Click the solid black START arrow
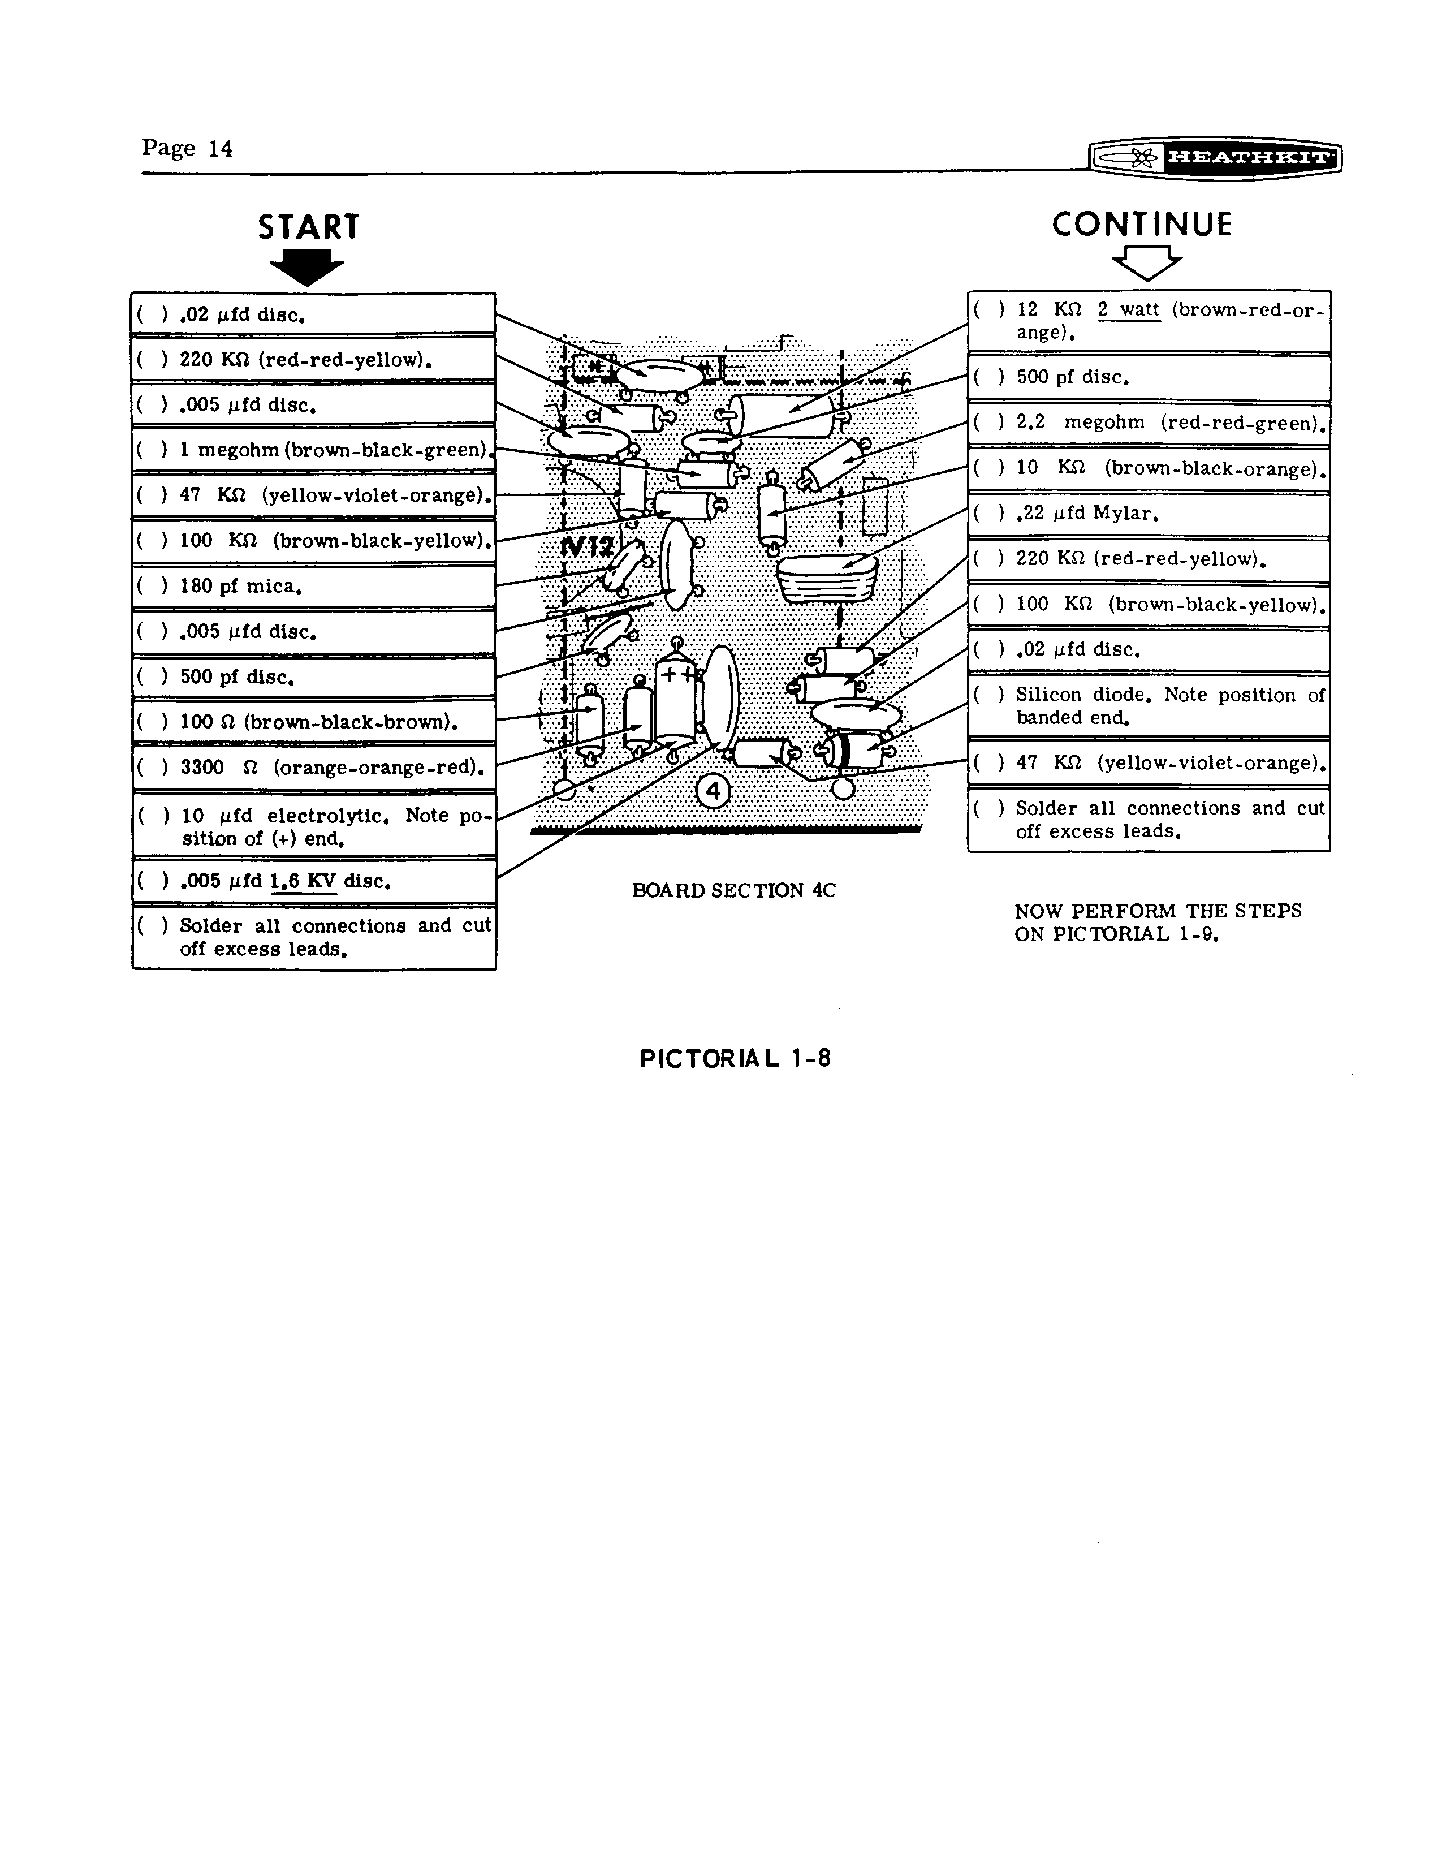tap(306, 268)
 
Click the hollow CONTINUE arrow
tap(1146, 262)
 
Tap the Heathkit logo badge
tap(1215, 157)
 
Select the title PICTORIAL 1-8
tap(735, 1059)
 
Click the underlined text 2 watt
tap(1129, 310)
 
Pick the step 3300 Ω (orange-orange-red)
tap(328, 767)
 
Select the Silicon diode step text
tap(1169, 706)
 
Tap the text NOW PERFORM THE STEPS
tap(1158, 911)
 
